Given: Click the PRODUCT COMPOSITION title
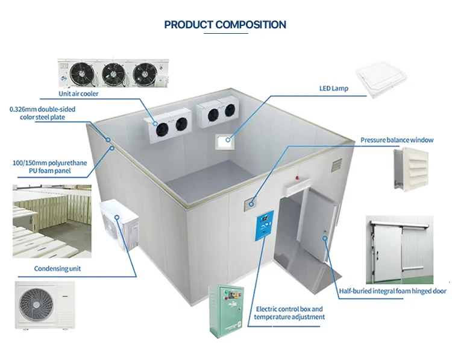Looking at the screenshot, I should [x=225, y=25].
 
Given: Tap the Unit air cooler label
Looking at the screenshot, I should [x=78, y=93].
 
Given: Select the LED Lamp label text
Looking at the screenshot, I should [x=333, y=88].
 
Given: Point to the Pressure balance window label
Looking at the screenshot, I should [x=397, y=140].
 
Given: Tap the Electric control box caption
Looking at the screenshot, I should [x=289, y=312].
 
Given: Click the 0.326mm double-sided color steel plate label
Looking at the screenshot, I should [x=42, y=113].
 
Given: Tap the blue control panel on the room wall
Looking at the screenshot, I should [x=263, y=226].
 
